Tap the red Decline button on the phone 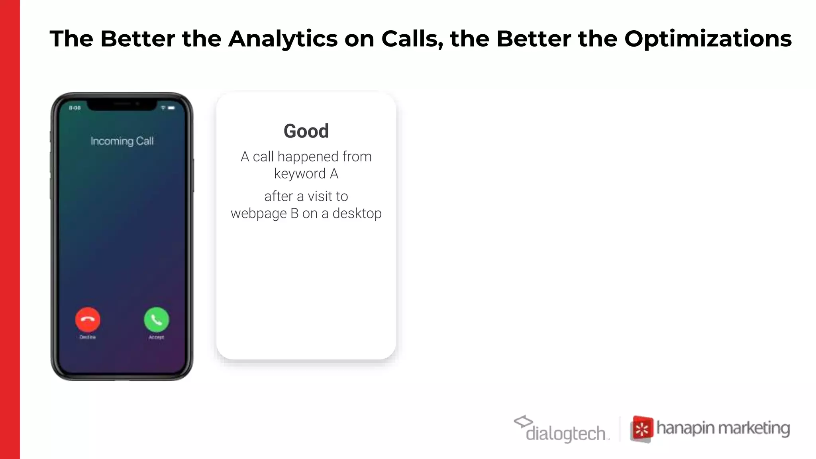[88, 320]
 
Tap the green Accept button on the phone [156, 320]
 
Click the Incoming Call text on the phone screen [122, 141]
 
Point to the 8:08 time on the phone [75, 108]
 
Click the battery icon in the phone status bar [171, 108]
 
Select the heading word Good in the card [306, 131]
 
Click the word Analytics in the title [283, 39]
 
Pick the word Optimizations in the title [708, 39]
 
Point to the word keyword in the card [300, 174]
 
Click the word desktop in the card [357, 214]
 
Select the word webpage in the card [259, 214]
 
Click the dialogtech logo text [565, 433]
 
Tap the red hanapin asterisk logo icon [641, 429]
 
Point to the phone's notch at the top [122, 105]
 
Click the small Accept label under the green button [156, 337]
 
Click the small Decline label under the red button [88, 337]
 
